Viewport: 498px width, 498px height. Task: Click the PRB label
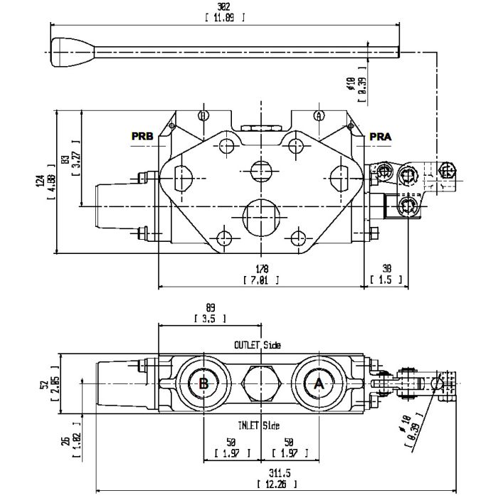point(142,135)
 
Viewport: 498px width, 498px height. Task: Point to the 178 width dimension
point(263,270)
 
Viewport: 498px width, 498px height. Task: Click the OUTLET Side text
point(258,345)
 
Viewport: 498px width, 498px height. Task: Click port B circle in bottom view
point(203,384)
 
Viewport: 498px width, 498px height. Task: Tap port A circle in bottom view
point(318,384)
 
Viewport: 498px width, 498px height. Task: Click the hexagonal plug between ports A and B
point(262,384)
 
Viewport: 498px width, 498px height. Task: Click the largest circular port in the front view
point(262,215)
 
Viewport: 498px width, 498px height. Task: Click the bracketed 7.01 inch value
point(263,280)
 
